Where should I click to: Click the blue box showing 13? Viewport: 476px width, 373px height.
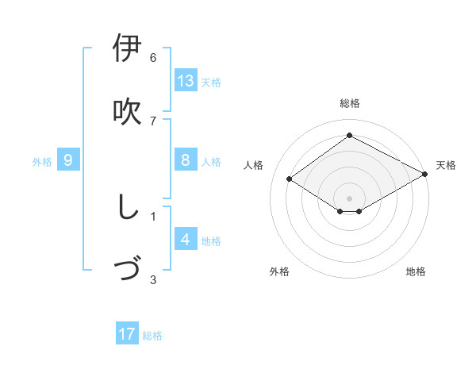click(x=186, y=81)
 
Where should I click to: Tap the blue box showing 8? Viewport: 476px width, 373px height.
click(x=186, y=160)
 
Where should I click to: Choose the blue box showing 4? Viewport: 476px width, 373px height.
click(x=186, y=240)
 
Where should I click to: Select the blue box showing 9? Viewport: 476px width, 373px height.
click(x=68, y=160)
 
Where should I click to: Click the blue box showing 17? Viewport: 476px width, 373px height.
click(x=127, y=334)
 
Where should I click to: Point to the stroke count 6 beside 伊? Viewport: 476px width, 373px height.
click(x=153, y=58)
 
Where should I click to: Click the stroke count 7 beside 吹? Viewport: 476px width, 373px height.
click(x=153, y=121)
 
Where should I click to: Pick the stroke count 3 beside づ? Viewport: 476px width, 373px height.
click(x=153, y=279)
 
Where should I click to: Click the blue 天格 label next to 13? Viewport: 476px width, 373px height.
click(x=211, y=83)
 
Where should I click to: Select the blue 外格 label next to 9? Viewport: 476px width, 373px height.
click(x=42, y=162)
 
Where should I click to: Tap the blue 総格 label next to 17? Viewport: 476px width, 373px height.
click(x=152, y=336)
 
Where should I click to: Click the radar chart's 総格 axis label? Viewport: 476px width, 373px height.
click(x=350, y=103)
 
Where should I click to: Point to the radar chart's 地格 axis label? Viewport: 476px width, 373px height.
click(x=416, y=271)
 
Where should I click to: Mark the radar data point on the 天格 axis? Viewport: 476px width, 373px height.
click(x=425, y=175)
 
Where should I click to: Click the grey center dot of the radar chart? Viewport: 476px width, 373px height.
click(x=349, y=197)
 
